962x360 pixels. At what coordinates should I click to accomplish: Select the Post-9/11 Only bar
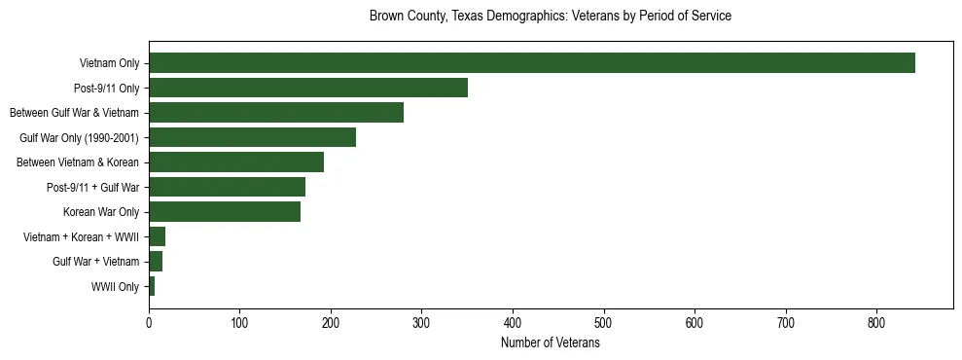pyautogui.click(x=307, y=88)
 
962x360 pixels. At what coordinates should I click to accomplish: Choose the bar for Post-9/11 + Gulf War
pyautogui.click(x=227, y=187)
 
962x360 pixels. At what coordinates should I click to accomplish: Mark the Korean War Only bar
pyautogui.click(x=224, y=212)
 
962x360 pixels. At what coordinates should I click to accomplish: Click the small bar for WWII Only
pyautogui.click(x=152, y=286)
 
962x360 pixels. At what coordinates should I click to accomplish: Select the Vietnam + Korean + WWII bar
pyautogui.click(x=157, y=236)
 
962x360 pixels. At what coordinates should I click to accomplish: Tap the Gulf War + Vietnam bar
pyautogui.click(x=156, y=262)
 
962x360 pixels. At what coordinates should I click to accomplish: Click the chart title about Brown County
pyautogui.click(x=550, y=17)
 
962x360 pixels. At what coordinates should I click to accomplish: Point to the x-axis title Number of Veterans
pyautogui.click(x=550, y=343)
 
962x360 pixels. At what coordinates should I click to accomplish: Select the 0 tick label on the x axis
pyautogui.click(x=149, y=323)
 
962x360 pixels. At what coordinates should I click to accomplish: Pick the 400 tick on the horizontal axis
pyautogui.click(x=513, y=323)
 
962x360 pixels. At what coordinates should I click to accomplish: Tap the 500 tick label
pyautogui.click(x=604, y=323)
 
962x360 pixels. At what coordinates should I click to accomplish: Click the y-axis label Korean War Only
pyautogui.click(x=101, y=212)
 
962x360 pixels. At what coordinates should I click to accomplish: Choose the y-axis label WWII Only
pyautogui.click(x=115, y=286)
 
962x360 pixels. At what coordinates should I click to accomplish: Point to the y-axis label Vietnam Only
pyautogui.click(x=109, y=63)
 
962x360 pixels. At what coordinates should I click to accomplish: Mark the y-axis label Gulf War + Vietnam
pyautogui.click(x=95, y=262)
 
